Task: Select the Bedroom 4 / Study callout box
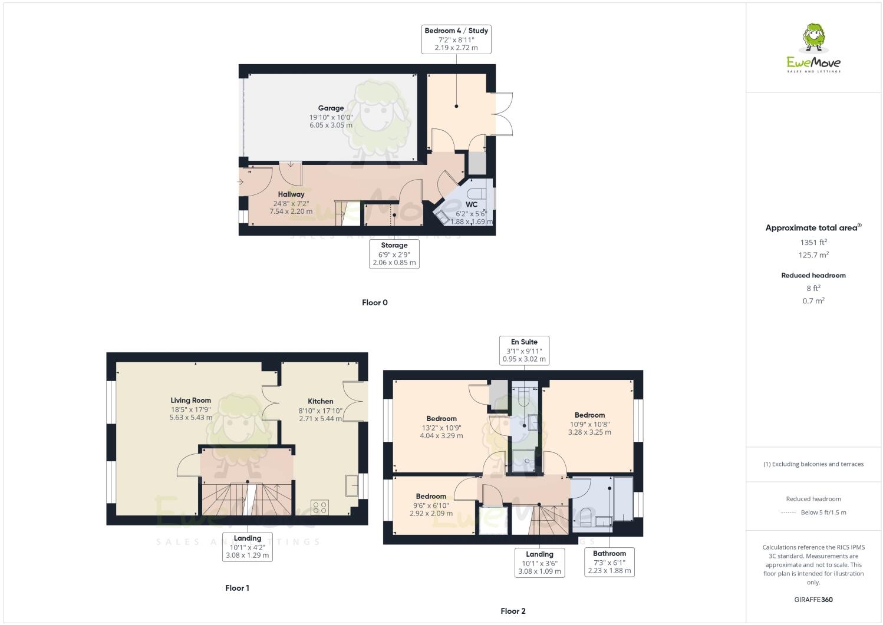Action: (456, 39)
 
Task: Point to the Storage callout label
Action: (394, 253)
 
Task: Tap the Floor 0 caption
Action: (374, 303)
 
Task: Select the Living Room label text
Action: (190, 401)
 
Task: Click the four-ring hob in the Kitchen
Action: (319, 507)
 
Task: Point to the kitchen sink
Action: (352, 486)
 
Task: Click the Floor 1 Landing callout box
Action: (247, 547)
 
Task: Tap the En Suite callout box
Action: (524, 350)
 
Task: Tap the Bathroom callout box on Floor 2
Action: (609, 562)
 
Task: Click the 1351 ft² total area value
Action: (813, 242)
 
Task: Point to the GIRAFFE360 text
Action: (813, 600)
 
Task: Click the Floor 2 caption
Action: (513, 611)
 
